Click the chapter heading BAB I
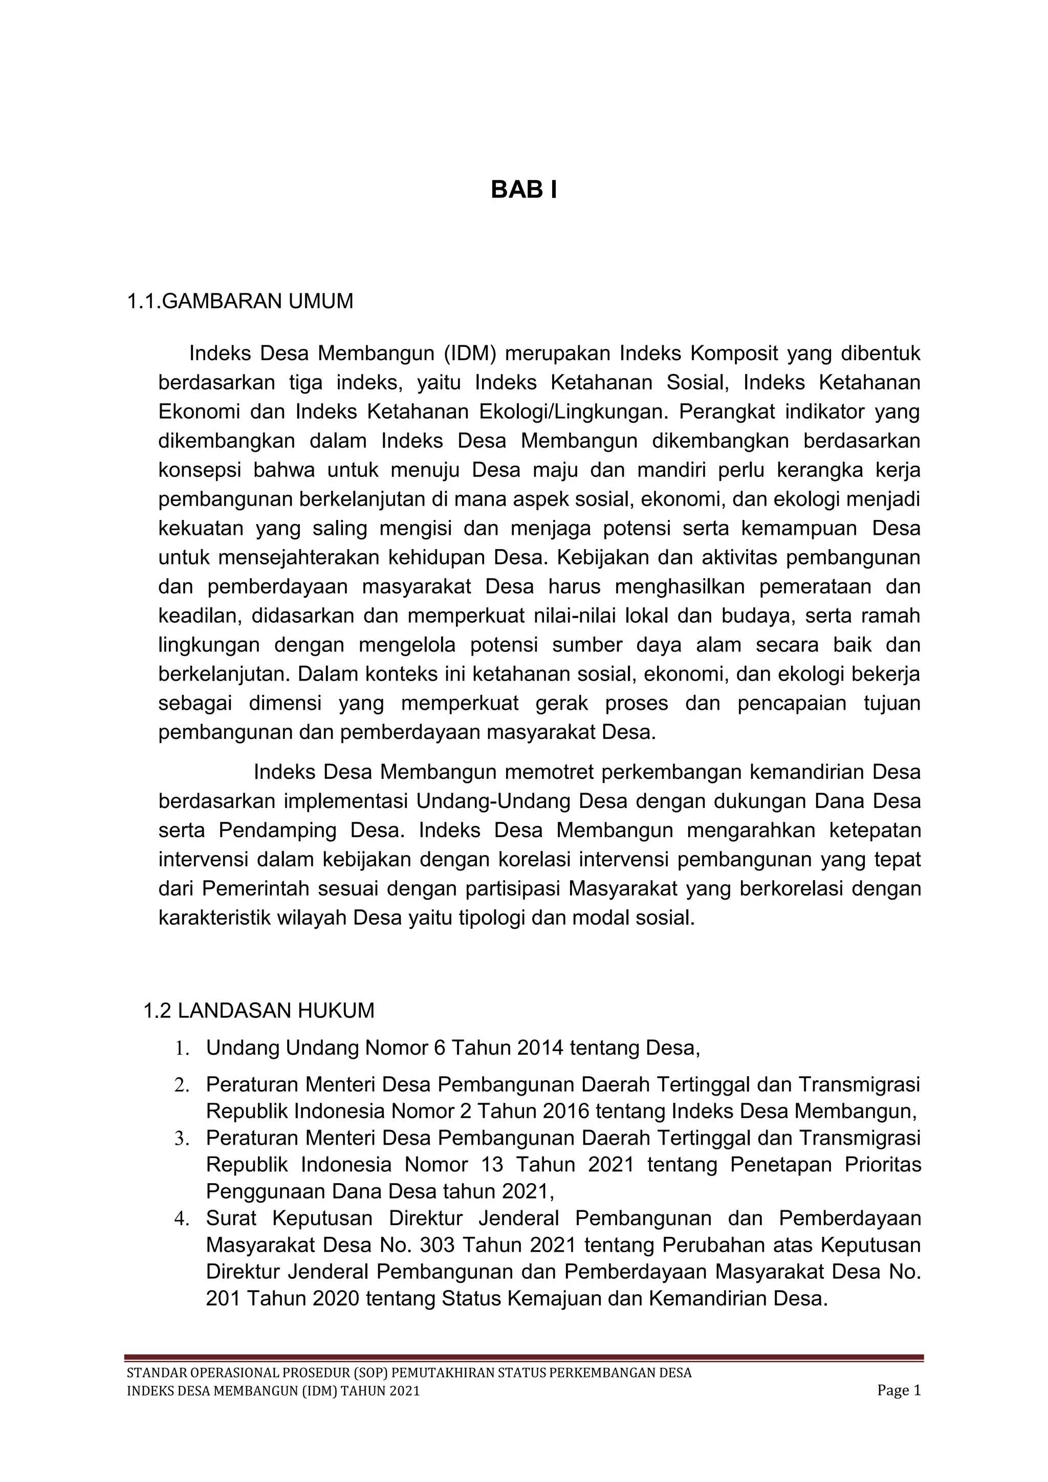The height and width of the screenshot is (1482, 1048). click(523, 190)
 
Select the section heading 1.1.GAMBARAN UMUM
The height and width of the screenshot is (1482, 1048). click(240, 301)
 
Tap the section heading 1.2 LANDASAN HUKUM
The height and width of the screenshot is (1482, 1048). click(259, 1011)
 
